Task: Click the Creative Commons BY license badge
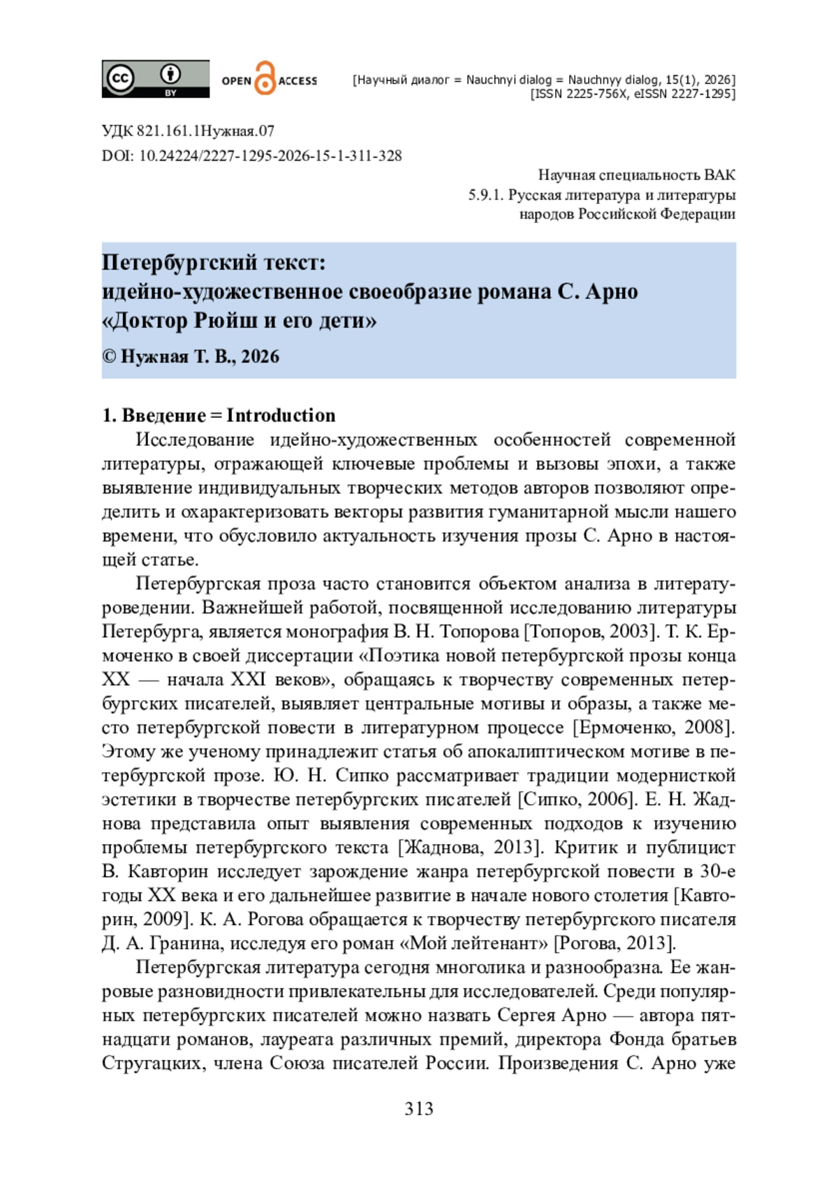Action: (x=155, y=78)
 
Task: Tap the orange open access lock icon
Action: (x=265, y=78)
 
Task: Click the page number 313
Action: (x=419, y=1109)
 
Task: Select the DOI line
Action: (x=251, y=156)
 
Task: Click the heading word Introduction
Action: (x=281, y=415)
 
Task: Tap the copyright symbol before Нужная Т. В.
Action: (x=109, y=356)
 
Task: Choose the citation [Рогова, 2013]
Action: (x=615, y=943)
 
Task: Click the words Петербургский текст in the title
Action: (x=214, y=263)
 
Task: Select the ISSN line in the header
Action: (x=633, y=94)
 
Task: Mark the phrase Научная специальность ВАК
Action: (x=636, y=175)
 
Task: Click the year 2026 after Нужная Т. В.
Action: (x=260, y=356)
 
